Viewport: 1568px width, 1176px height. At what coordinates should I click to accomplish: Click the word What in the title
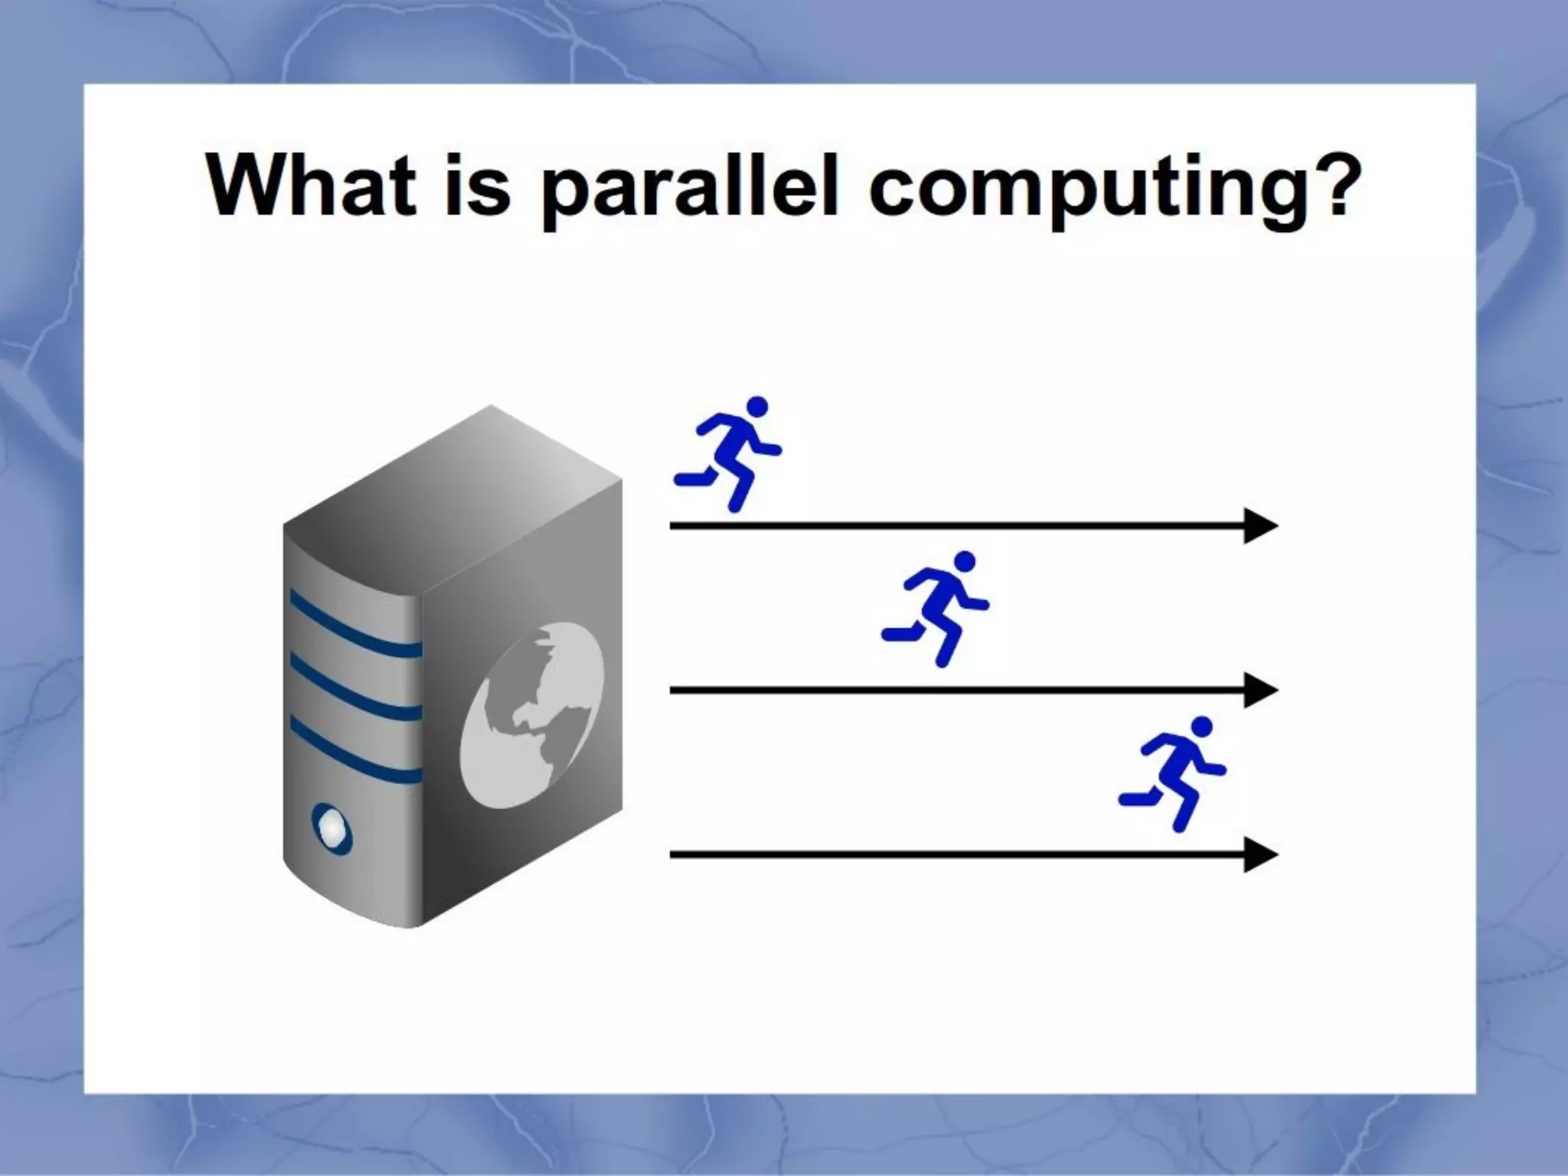coord(310,186)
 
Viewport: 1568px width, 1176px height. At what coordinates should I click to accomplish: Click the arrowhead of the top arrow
coord(1259,526)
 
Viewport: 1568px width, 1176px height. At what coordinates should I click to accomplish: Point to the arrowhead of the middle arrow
coord(1259,691)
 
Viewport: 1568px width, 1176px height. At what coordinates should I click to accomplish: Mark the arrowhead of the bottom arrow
coord(1259,854)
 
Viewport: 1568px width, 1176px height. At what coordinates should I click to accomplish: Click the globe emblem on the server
coord(532,716)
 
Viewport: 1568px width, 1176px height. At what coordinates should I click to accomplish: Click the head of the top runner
coord(756,406)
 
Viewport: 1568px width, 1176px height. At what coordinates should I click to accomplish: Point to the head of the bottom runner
coord(1202,726)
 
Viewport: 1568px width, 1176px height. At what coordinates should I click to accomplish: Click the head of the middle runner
coord(965,561)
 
